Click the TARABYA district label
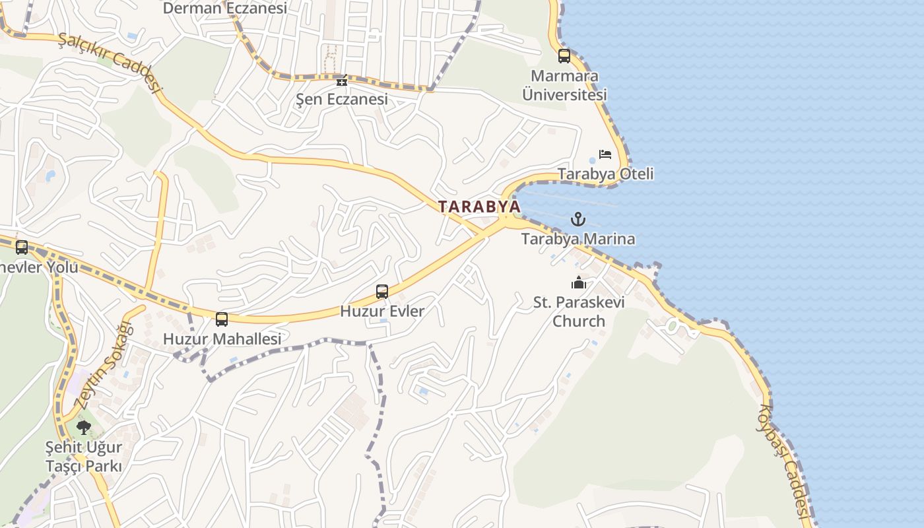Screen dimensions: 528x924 [479, 206]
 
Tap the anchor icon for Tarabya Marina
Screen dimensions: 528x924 [578, 219]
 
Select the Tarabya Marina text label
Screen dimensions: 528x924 [578, 239]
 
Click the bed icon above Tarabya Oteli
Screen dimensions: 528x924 [605, 154]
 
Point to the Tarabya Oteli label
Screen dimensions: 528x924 [605, 174]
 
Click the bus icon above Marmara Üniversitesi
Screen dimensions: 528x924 [564, 56]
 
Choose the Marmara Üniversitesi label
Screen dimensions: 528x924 [564, 85]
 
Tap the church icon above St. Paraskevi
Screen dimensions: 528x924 [579, 282]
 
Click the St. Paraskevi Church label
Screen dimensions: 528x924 [579, 312]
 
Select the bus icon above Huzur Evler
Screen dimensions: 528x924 [382, 291]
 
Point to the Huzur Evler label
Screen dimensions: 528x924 [382, 311]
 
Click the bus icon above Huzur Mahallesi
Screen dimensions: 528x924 [222, 319]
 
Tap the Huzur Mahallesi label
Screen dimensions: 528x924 [222, 339]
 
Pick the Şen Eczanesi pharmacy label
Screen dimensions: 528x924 [341, 100]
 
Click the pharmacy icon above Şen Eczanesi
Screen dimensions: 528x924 [341, 81]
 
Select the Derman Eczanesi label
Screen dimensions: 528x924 [224, 8]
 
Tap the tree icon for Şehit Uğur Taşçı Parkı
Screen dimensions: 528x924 [84, 427]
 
